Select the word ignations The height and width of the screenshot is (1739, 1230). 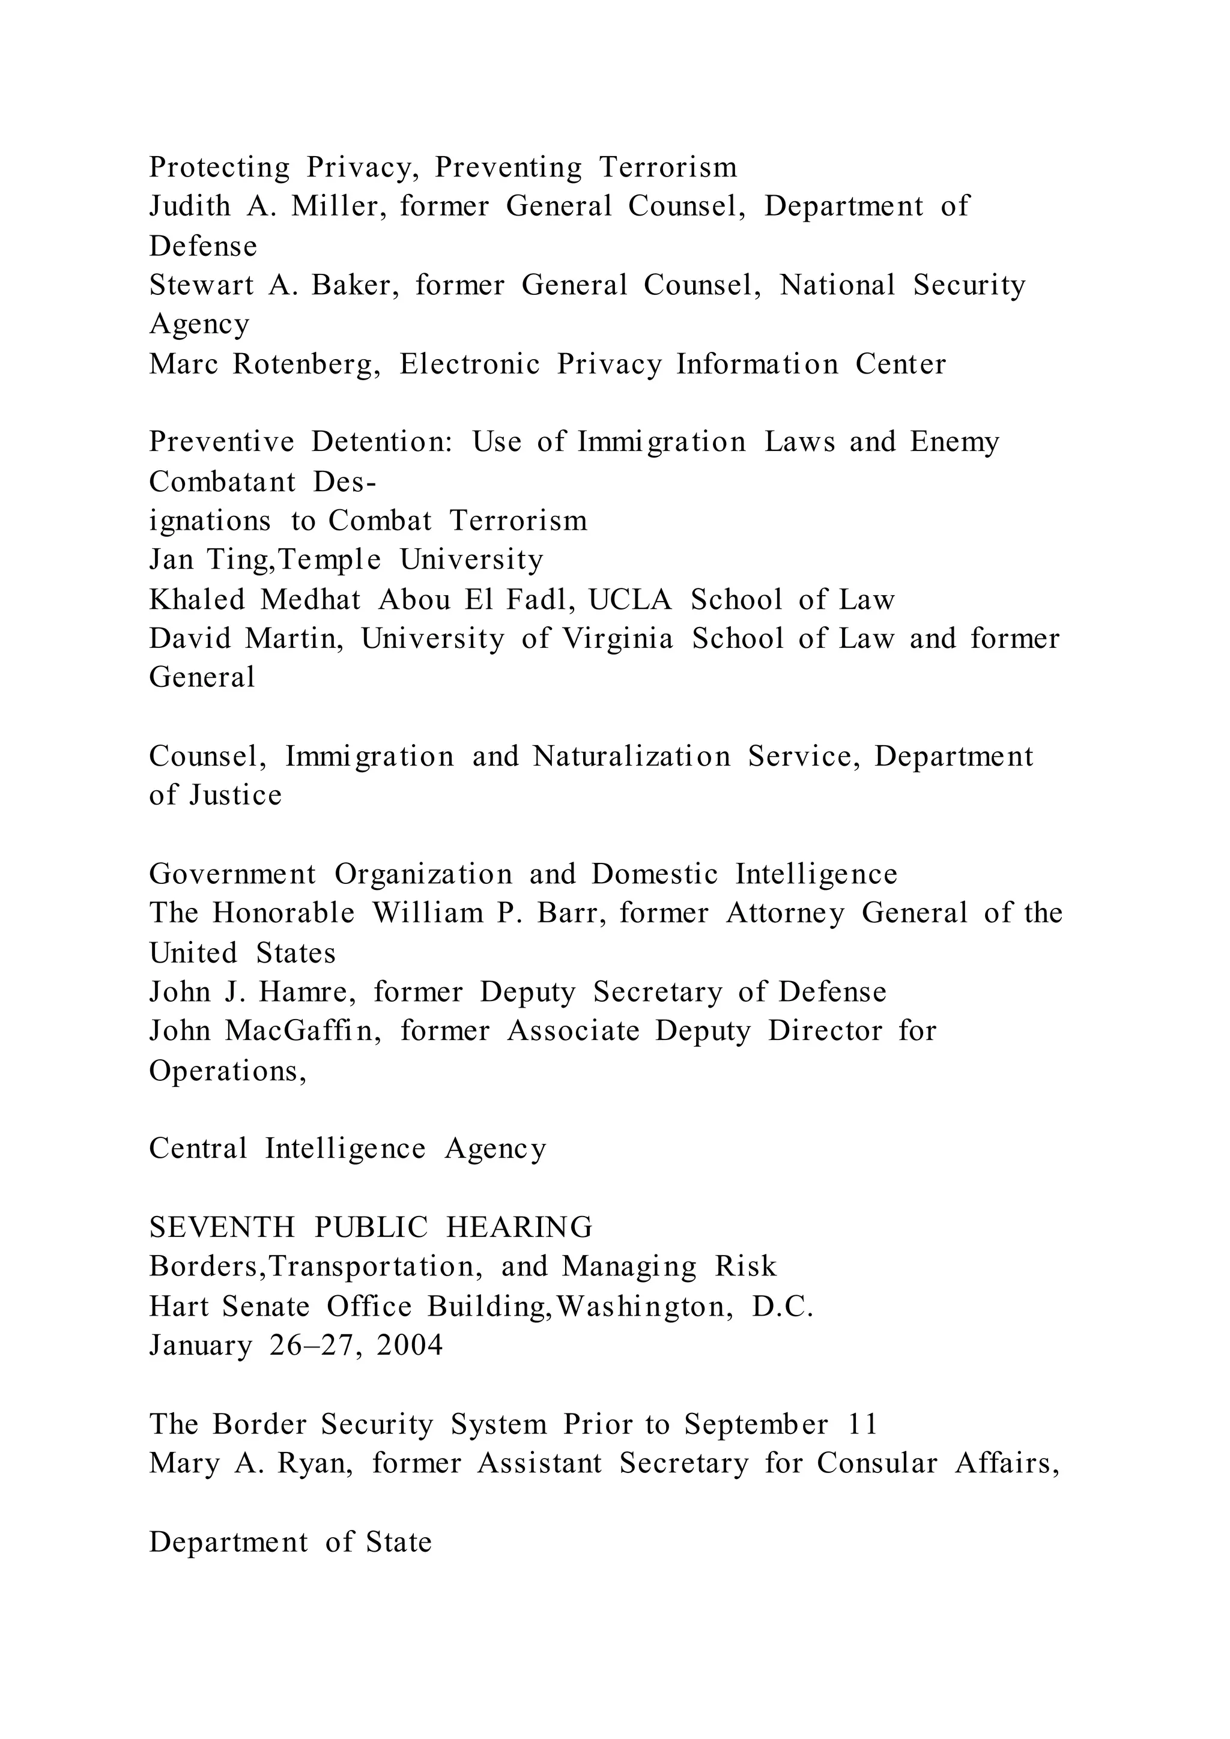point(210,521)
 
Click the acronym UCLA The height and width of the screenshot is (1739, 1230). point(630,600)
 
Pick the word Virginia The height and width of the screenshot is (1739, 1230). point(617,638)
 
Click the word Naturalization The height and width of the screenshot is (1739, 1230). point(632,756)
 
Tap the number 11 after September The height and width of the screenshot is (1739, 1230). point(862,1424)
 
